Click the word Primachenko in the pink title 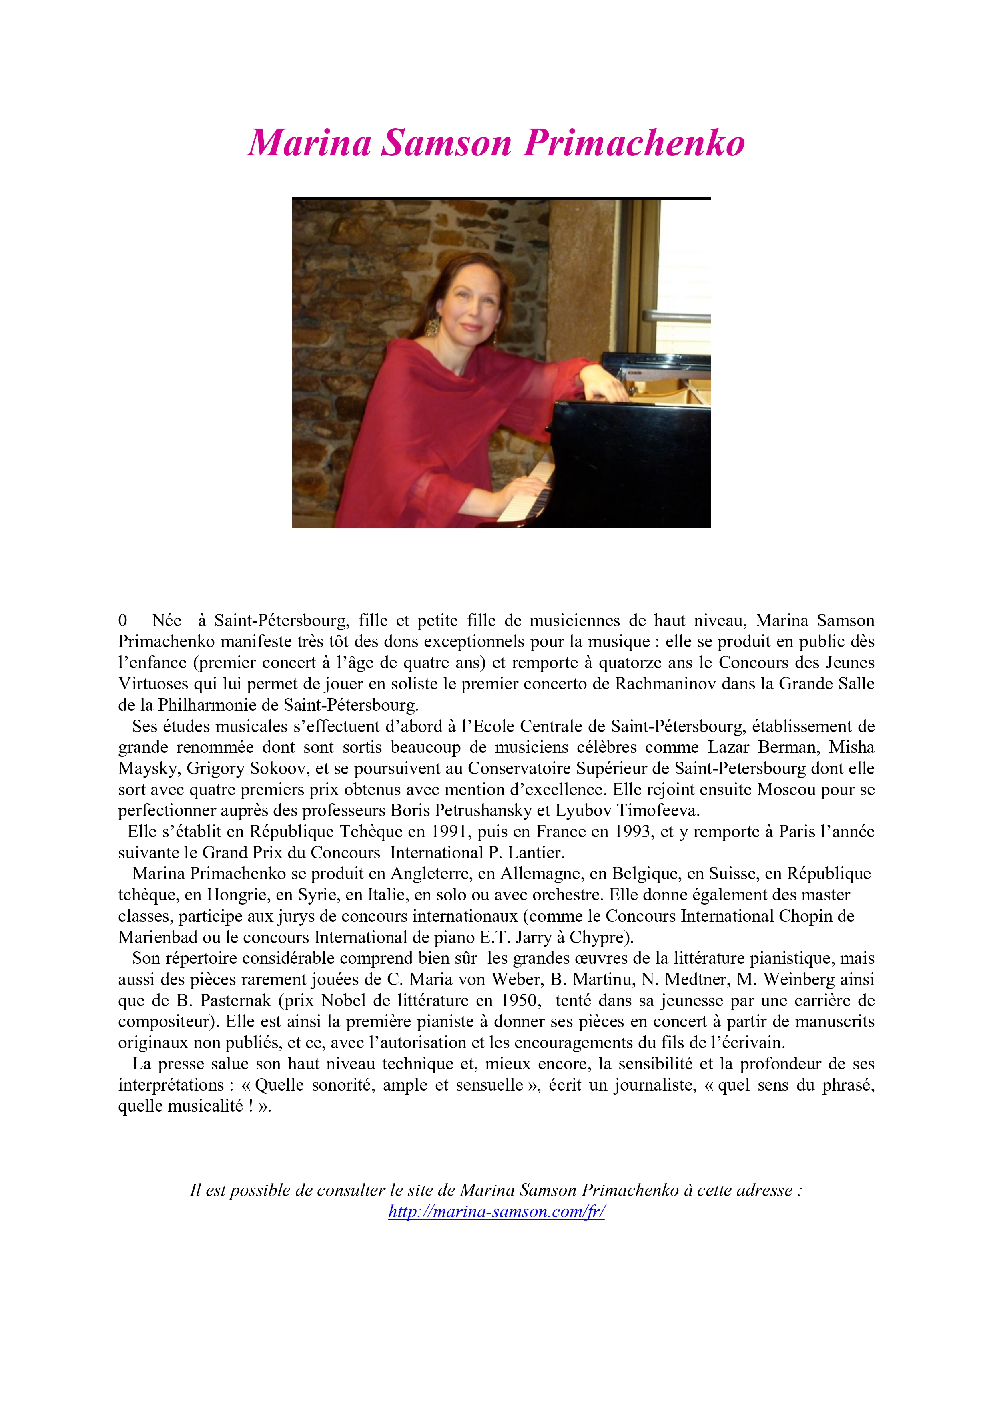[634, 143]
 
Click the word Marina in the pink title [309, 143]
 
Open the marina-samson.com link [496, 1211]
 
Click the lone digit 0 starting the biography [123, 621]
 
